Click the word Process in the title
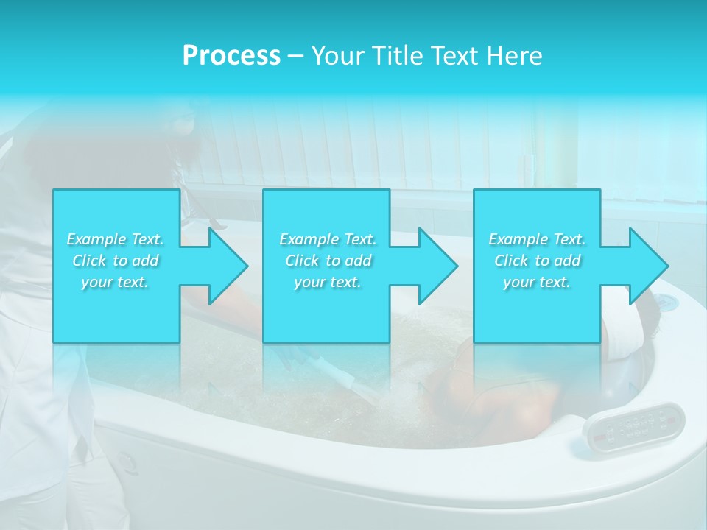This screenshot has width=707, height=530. [x=231, y=55]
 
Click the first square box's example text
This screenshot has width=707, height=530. [x=116, y=261]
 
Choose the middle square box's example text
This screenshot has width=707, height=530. [x=327, y=261]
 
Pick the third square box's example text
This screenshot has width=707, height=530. [x=537, y=261]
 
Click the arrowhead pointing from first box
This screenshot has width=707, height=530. [x=225, y=266]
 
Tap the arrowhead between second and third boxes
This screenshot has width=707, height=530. [x=436, y=266]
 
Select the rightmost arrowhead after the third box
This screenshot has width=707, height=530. [x=646, y=266]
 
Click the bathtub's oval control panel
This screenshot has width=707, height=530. [x=634, y=425]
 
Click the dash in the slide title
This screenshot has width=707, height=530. [x=296, y=57]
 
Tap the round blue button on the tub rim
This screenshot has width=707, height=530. [x=666, y=302]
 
